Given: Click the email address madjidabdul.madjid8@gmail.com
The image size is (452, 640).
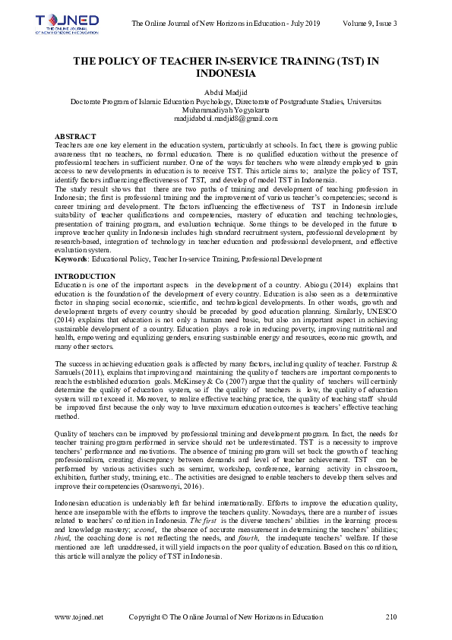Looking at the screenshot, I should coord(226,119).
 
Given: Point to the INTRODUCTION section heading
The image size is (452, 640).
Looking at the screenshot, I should coord(85,276).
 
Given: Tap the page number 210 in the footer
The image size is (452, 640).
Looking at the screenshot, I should coord(391,616).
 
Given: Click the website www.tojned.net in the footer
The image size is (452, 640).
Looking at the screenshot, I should coord(79,616).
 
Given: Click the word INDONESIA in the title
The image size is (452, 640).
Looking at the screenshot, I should coord(226,74).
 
